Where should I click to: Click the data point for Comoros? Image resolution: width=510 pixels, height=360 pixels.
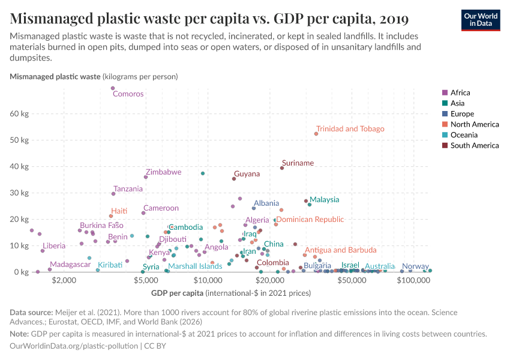tap(112, 88)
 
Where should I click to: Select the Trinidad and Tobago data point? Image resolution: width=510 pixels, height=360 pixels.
tap(316, 134)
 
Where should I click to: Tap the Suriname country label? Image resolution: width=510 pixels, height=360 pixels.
tap(298, 163)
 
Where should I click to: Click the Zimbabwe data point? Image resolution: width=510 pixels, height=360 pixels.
tap(146, 177)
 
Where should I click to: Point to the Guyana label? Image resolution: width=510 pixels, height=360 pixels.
tap(247, 174)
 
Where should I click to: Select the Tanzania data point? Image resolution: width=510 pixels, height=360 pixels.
tap(113, 194)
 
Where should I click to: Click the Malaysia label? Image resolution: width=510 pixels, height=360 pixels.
tap(324, 200)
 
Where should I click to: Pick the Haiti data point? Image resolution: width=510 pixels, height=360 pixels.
tap(111, 216)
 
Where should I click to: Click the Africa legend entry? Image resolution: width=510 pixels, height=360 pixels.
tap(460, 92)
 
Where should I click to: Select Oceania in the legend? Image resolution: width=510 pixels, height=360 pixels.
tap(464, 135)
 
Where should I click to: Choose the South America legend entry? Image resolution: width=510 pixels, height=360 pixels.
tap(474, 145)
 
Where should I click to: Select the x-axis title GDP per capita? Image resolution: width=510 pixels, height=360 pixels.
tap(178, 293)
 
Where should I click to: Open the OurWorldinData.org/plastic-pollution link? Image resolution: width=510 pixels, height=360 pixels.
tap(74, 346)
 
